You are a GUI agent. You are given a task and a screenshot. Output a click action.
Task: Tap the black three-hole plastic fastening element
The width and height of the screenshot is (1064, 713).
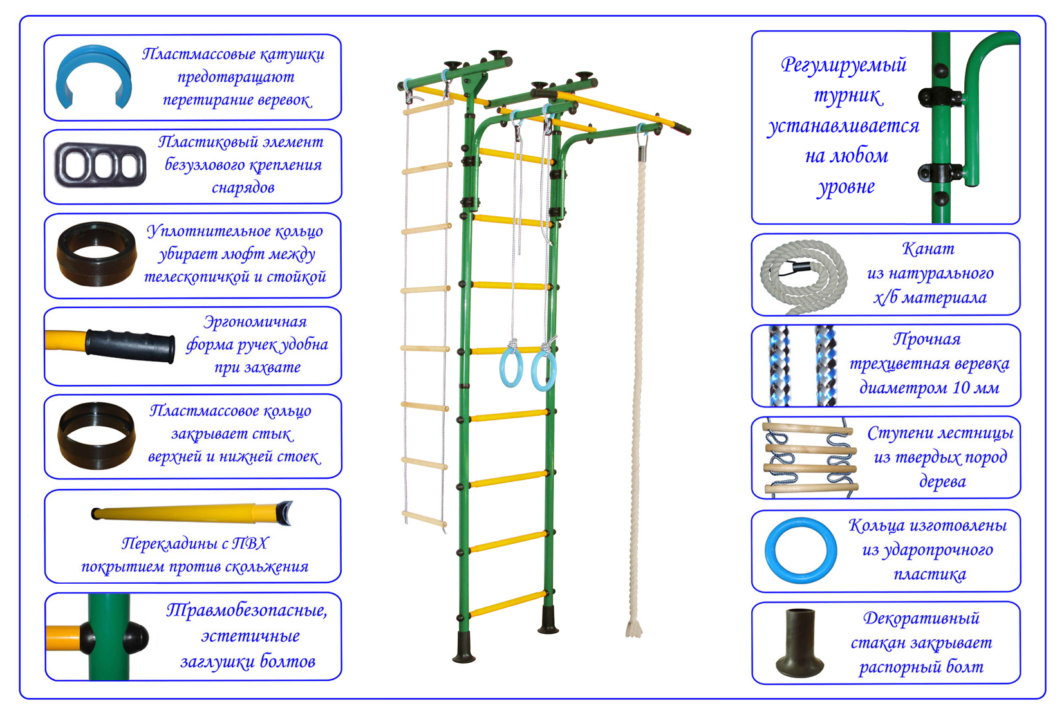(100, 165)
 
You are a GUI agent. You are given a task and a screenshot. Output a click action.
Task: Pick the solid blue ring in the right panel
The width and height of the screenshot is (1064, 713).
(800, 550)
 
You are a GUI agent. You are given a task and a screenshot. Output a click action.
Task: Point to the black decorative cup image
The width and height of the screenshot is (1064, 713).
(799, 643)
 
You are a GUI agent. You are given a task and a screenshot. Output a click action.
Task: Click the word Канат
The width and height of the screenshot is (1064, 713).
(928, 249)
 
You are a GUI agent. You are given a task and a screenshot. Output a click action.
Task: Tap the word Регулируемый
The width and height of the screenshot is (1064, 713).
(843, 65)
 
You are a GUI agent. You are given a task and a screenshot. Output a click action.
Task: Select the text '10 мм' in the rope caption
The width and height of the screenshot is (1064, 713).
(977, 388)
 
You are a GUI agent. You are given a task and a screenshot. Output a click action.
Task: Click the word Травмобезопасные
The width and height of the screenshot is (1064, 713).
(247, 611)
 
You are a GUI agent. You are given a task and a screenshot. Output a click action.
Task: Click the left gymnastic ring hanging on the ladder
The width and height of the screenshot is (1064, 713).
(511, 367)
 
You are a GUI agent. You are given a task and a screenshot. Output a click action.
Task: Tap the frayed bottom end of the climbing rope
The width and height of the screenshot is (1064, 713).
(633, 627)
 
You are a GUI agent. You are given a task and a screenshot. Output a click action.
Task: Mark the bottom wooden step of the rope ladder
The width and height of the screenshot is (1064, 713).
(425, 518)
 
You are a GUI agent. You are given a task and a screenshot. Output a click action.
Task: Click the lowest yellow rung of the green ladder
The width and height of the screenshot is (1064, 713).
(508, 604)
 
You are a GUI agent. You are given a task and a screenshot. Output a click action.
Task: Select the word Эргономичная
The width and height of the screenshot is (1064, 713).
(255, 322)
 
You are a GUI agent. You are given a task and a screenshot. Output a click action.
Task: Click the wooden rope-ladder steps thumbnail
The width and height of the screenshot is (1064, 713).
(808, 458)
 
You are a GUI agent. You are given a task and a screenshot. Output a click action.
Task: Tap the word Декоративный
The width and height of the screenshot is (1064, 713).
(921, 618)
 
